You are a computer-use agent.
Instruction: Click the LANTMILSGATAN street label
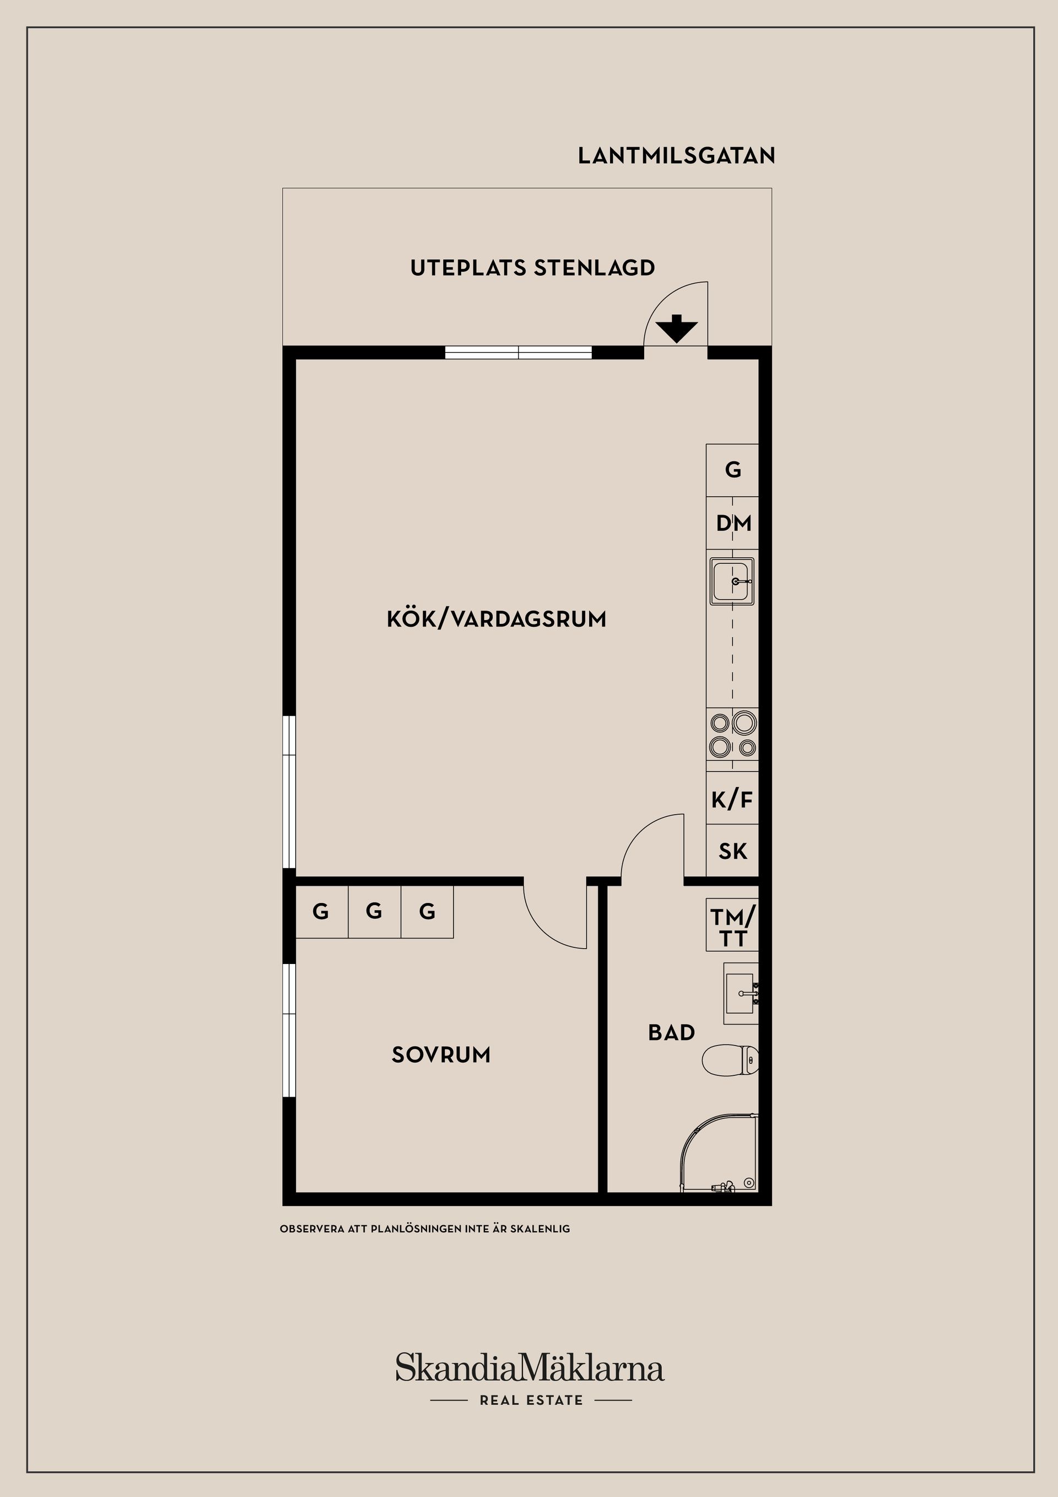[x=676, y=156]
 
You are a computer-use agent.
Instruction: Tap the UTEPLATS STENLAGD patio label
[x=532, y=268]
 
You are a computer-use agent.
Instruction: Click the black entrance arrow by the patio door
[x=676, y=329]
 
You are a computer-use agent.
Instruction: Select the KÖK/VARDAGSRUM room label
[x=496, y=619]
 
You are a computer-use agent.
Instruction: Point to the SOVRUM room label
[x=441, y=1055]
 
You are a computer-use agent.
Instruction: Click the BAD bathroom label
[x=671, y=1033]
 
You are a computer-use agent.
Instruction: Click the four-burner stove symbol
[x=733, y=735]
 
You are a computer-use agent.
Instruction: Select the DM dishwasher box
[x=733, y=523]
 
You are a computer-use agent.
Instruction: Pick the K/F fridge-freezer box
[x=732, y=799]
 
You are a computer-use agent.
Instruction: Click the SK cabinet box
[x=732, y=851]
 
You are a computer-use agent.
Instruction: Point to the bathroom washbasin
[x=741, y=994]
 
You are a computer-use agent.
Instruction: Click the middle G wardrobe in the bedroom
[x=374, y=911]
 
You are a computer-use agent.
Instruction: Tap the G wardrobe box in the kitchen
[x=733, y=470]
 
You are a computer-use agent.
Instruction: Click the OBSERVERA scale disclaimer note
[x=424, y=1229]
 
